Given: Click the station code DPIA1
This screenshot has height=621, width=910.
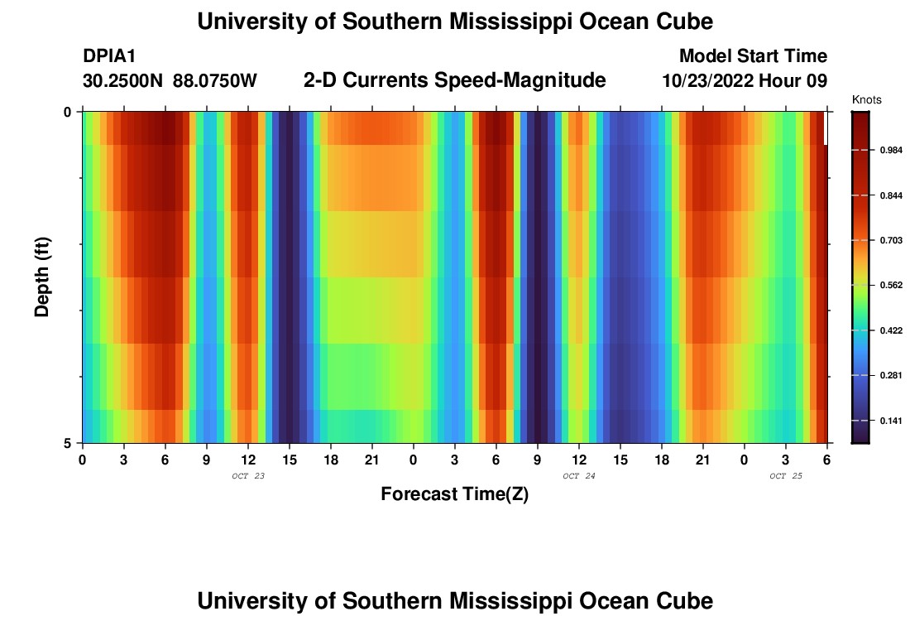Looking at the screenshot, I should pos(109,56).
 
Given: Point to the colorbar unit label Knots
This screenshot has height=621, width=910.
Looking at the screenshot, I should pos(866,100).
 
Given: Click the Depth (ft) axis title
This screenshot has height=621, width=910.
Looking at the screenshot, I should pos(43,277).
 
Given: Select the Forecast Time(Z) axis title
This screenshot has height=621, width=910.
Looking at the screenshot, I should pos(454,494).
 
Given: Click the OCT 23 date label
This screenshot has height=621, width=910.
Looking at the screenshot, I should pos(248,476).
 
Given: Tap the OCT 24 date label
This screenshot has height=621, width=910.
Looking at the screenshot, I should pos(579,476).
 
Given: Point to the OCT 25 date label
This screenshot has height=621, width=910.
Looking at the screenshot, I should pos(786,476).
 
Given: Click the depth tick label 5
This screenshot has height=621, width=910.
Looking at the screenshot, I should pos(68,443).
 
